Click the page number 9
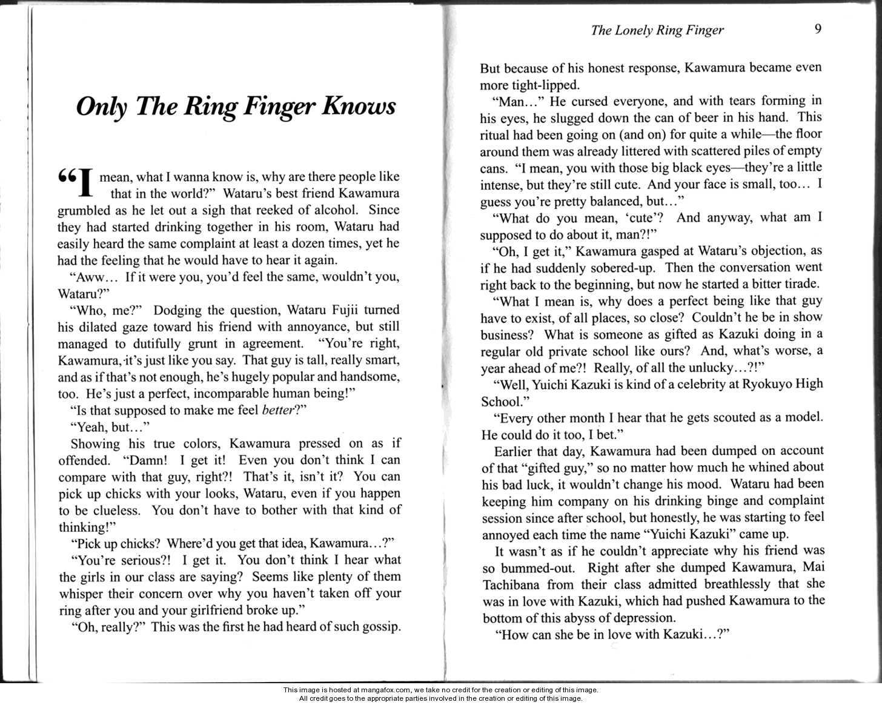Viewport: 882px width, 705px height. pos(818,29)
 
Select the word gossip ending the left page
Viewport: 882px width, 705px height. pos(378,627)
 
